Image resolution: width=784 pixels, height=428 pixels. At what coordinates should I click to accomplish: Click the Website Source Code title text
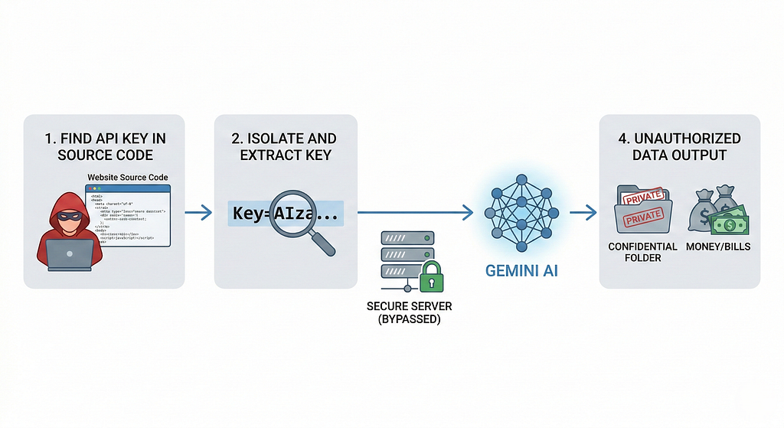coord(128,178)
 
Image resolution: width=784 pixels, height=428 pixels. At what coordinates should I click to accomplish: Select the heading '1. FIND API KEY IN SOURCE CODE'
coord(105,146)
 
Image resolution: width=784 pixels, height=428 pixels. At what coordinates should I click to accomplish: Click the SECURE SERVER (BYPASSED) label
coord(409,312)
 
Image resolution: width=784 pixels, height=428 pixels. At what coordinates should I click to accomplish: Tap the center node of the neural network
coord(521,202)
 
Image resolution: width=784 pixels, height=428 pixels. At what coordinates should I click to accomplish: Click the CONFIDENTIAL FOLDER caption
coord(642,253)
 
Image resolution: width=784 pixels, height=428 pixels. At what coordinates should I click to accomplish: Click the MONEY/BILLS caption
coord(719,247)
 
